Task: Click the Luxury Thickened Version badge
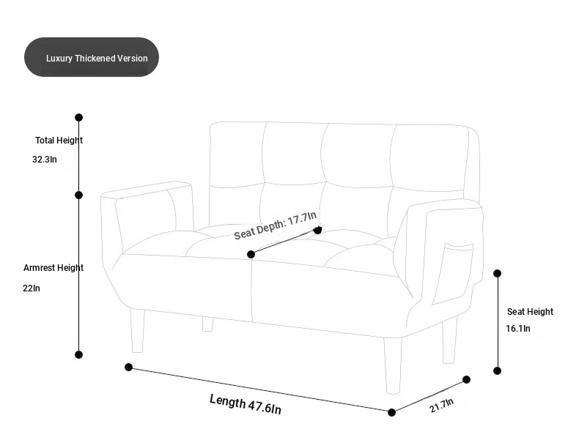[x=92, y=57]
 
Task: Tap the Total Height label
[x=59, y=141]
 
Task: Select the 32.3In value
[x=45, y=160]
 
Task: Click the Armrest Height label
[x=54, y=268]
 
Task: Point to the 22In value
[x=32, y=288]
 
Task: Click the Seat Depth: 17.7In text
[x=276, y=225]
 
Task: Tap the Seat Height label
[x=530, y=312]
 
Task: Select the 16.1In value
[x=518, y=328]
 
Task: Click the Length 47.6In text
[x=246, y=404]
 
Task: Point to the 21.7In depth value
[x=442, y=406]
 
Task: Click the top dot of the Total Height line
[x=78, y=117]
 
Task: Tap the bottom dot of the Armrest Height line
[x=78, y=354]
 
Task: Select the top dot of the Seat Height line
[x=498, y=273]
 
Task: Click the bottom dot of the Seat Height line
[x=498, y=370]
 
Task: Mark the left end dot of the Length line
[x=128, y=367]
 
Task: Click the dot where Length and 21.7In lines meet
[x=392, y=412]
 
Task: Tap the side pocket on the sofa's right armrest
[x=453, y=273]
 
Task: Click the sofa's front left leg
[x=137, y=331]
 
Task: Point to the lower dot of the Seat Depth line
[x=251, y=254]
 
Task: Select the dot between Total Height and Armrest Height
[x=78, y=195]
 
